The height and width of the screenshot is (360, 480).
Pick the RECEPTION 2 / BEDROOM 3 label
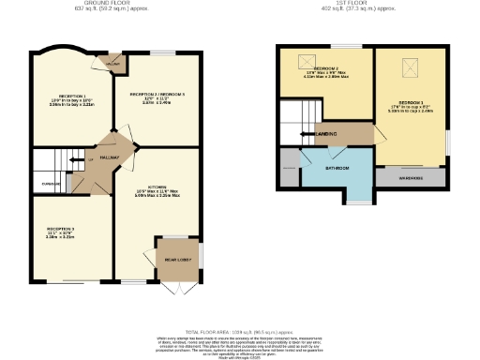pyautogui.click(x=157, y=95)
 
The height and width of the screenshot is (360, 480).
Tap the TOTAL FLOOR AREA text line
pyautogui.click(x=239, y=333)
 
